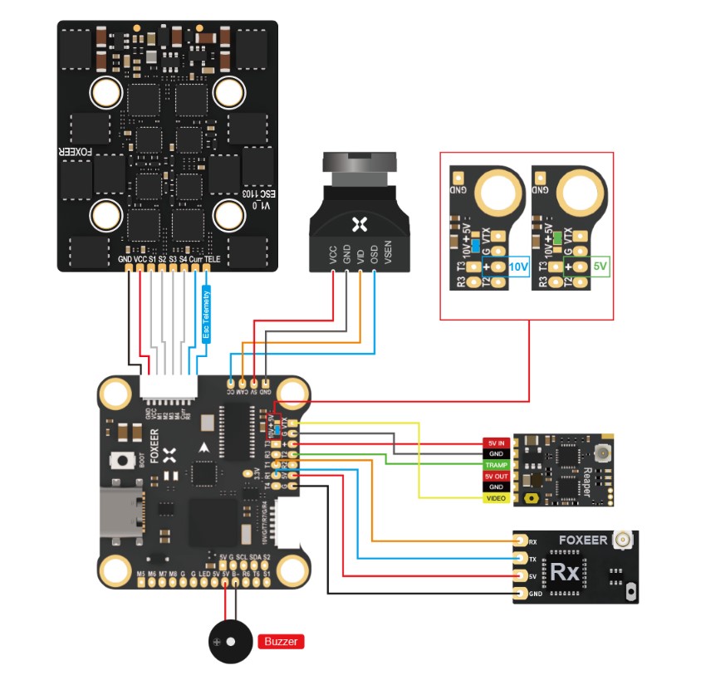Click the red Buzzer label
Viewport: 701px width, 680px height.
282,641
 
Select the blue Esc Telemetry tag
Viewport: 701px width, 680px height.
207,315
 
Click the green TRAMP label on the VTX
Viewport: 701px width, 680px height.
496,465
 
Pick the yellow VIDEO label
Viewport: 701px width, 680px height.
496,497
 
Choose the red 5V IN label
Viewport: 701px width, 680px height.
496,443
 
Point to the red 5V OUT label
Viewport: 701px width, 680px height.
496,476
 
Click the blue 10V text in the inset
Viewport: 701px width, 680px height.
517,267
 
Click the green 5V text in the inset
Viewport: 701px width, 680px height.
601,267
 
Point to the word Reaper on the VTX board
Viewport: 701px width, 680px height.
586,479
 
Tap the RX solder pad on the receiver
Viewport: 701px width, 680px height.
521,541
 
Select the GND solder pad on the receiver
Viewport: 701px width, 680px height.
521,594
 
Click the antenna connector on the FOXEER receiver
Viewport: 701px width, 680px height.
620,541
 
